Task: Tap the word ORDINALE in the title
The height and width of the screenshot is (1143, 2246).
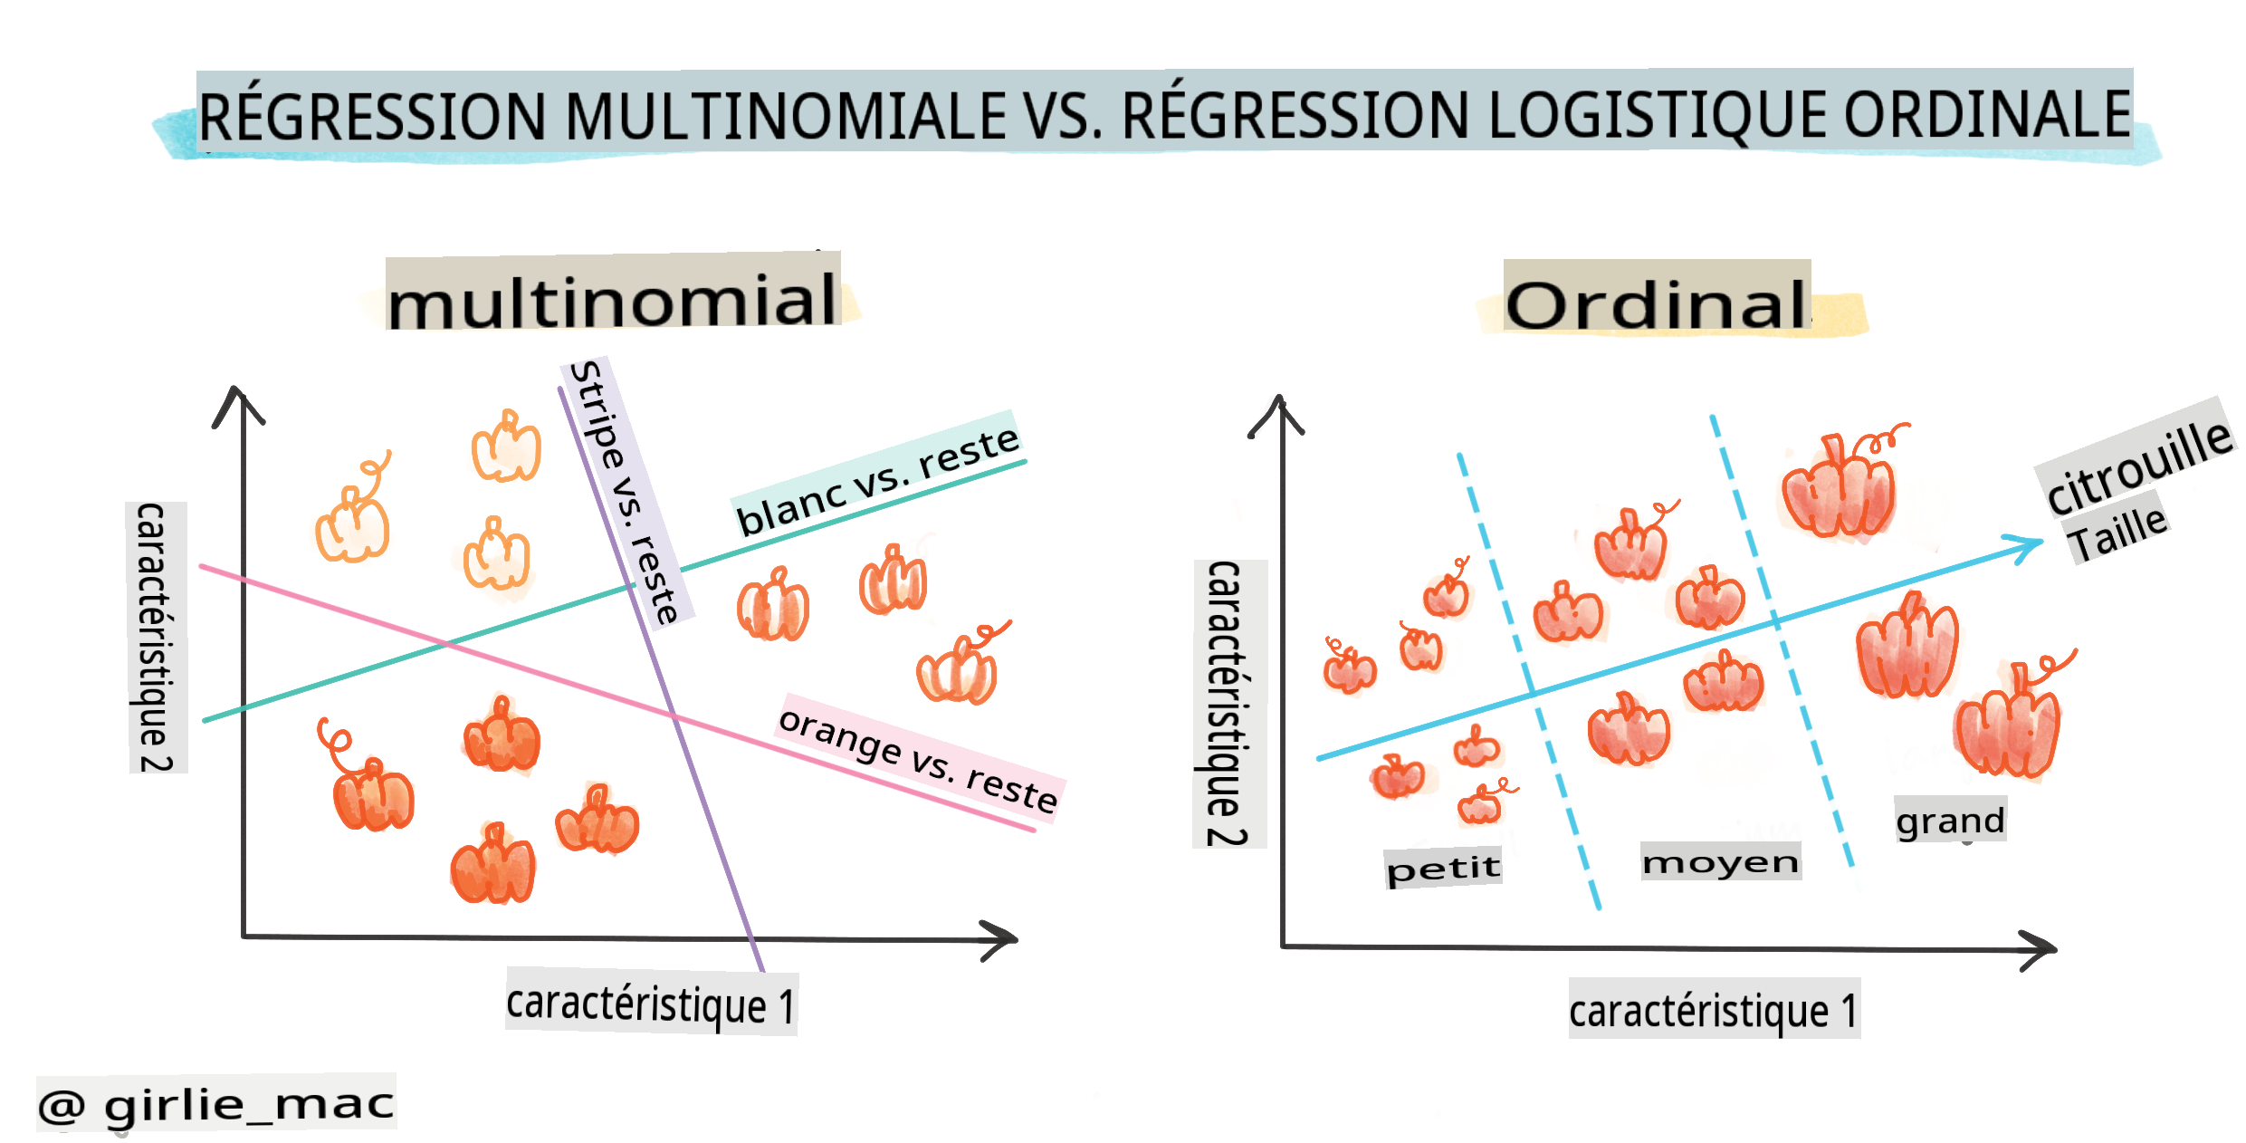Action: (1987, 114)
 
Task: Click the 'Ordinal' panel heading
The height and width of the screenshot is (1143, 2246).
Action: (1656, 304)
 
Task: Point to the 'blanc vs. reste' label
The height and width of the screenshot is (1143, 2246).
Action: (877, 481)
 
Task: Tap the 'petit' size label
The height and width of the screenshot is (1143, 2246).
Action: (1443, 869)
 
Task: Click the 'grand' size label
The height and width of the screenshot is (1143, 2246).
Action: (1950, 821)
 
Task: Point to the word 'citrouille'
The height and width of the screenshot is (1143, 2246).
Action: (2137, 466)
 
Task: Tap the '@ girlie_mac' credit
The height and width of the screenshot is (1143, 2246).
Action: (216, 1104)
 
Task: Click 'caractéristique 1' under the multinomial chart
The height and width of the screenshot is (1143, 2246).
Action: (651, 1004)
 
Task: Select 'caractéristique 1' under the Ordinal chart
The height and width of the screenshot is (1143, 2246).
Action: (1714, 1010)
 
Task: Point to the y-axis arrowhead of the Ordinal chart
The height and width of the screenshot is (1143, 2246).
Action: (1278, 412)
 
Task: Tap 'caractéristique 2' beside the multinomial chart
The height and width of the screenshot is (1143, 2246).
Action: (157, 637)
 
